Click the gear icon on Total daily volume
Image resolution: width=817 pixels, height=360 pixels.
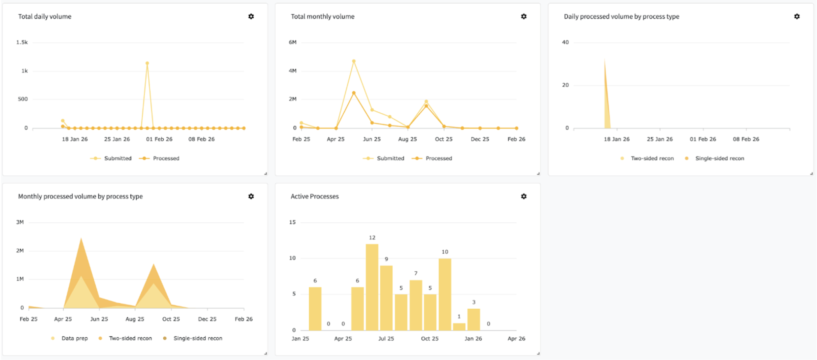251,16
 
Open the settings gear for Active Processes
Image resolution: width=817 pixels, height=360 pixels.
523,196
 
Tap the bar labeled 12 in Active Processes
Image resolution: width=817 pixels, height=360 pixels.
372,287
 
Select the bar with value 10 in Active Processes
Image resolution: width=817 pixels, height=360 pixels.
445,294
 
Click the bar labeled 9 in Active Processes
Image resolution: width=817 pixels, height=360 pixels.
386,298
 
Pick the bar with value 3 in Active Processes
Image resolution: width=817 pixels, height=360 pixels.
473,319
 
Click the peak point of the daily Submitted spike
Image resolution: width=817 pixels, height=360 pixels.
147,63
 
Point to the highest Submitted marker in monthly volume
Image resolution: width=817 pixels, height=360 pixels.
354,61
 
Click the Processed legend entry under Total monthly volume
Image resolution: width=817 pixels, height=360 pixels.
432,158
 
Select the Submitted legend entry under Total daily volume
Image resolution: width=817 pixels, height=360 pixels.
111,158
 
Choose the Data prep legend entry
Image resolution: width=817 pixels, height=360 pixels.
69,338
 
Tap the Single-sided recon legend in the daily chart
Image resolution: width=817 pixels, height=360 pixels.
715,158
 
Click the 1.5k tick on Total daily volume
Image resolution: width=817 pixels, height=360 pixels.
22,42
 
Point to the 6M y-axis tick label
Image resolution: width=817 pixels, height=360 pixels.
293,42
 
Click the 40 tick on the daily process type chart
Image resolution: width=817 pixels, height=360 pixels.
565,42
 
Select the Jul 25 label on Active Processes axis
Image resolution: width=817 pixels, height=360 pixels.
386,339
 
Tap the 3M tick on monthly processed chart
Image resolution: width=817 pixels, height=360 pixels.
20,222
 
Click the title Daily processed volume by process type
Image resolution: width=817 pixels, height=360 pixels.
622,17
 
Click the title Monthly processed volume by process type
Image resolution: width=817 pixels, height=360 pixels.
80,197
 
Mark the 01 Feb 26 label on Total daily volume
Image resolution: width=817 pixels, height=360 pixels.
159,139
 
